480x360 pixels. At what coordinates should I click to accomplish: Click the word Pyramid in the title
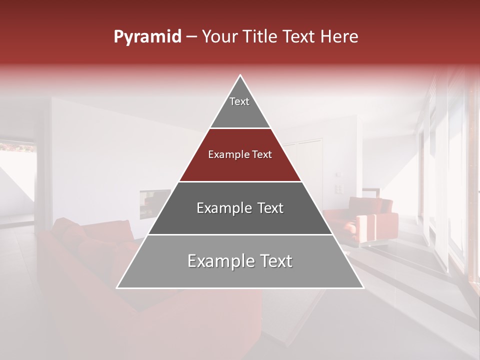point(147,37)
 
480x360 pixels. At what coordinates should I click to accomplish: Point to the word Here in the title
point(339,37)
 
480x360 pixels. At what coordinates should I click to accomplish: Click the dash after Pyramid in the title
point(191,37)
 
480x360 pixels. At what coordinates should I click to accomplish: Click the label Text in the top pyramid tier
point(239,101)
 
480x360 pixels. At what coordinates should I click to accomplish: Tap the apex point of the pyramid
point(240,75)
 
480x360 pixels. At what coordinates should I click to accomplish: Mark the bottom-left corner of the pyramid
point(116,288)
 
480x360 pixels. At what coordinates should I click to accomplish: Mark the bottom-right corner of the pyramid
point(363,288)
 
